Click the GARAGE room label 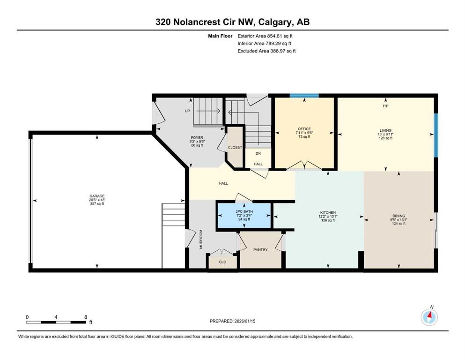point(97,196)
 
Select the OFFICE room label point(304,129)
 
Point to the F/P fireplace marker point(385,106)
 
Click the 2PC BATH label point(244,211)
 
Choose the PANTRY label point(260,250)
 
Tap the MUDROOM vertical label point(201,239)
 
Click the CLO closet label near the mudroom point(223,262)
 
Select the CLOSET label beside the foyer point(235,147)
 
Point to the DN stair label point(258,153)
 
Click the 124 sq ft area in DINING point(399,224)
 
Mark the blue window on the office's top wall point(304,96)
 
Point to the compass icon point(429,317)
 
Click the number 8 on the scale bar point(86,317)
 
